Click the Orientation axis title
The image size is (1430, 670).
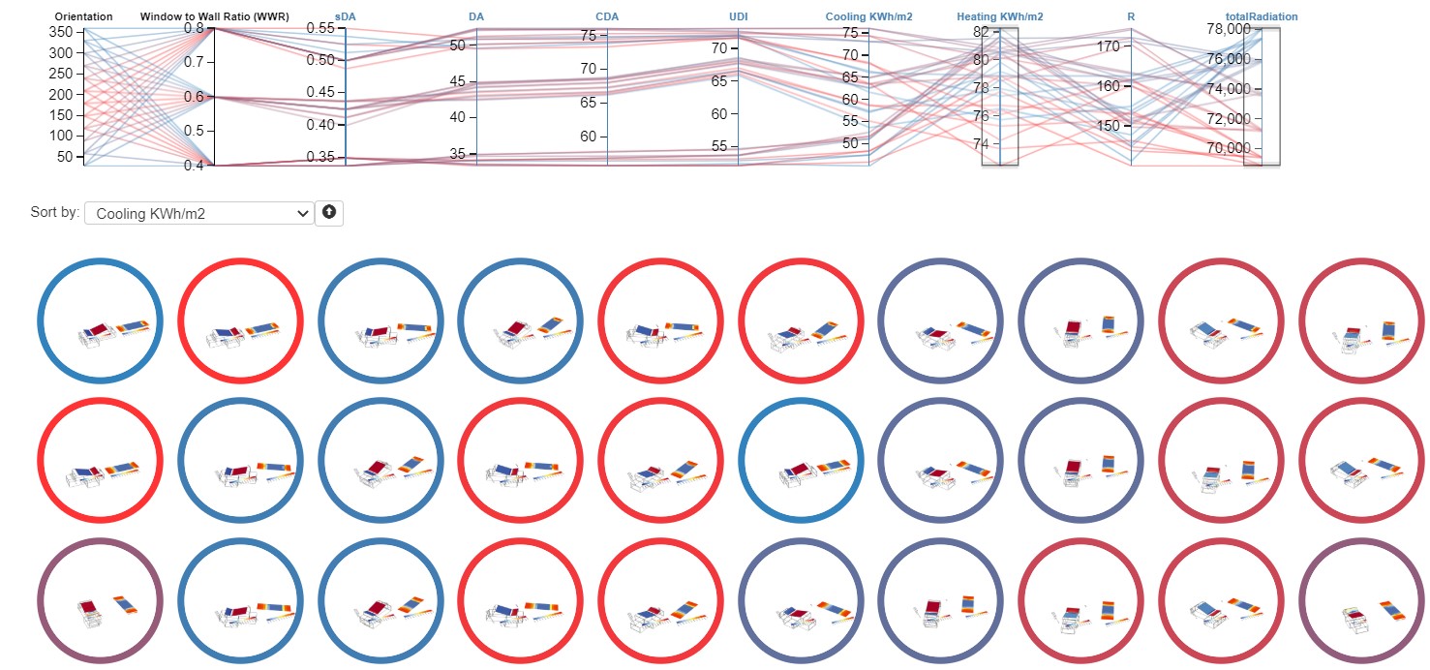point(83,16)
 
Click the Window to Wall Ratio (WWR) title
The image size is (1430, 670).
point(214,16)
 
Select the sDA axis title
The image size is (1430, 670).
point(346,16)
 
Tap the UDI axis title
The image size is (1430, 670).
point(738,16)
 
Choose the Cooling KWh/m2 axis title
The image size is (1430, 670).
point(868,16)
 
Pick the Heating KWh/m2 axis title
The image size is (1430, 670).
point(999,16)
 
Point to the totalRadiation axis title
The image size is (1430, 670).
point(1261,16)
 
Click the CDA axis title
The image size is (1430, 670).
point(607,16)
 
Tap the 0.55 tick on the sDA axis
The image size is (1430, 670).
point(321,29)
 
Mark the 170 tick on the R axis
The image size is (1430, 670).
point(1109,46)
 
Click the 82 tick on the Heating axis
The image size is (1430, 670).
point(982,32)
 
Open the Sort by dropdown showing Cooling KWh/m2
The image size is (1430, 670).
point(198,213)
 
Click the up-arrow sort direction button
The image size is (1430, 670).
point(329,213)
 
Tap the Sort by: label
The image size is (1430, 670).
point(55,213)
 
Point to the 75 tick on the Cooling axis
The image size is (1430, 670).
point(850,33)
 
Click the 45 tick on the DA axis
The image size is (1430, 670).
point(459,83)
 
